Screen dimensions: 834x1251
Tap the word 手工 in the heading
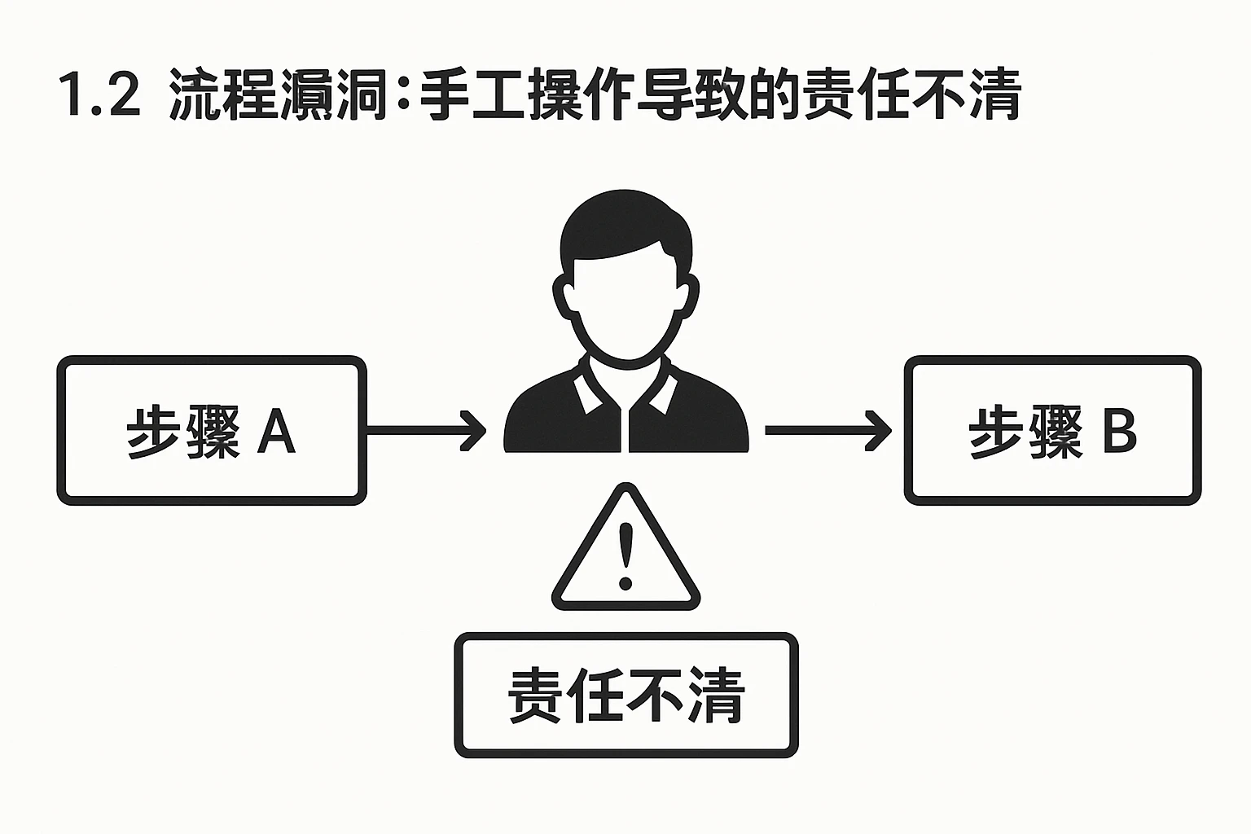[473, 97]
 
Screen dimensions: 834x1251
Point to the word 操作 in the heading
[582, 97]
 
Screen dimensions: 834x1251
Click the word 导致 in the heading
[691, 97]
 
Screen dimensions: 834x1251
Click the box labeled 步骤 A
[211, 430]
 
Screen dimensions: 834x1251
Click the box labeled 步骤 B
[1052, 430]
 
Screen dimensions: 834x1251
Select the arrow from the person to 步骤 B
[827, 430]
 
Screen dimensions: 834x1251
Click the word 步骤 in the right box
[1025, 432]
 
